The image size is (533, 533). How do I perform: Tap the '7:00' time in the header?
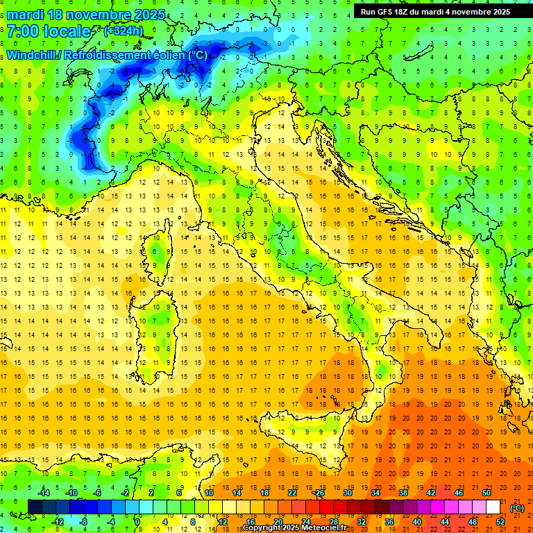pos(22,32)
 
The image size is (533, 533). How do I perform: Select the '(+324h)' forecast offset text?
pos(123,31)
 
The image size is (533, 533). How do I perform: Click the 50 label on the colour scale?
pos(486,493)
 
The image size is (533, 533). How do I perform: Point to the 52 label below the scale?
pos(500,522)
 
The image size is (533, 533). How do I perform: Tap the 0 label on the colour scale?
pos(137,522)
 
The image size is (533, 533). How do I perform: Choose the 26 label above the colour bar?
pos(319,493)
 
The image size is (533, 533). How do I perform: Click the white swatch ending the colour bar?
pos(493,507)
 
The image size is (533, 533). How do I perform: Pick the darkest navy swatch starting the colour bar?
pos(35,507)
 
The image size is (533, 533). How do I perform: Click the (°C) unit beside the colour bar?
pos(516,508)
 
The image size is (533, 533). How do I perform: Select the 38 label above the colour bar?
pos(403,493)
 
